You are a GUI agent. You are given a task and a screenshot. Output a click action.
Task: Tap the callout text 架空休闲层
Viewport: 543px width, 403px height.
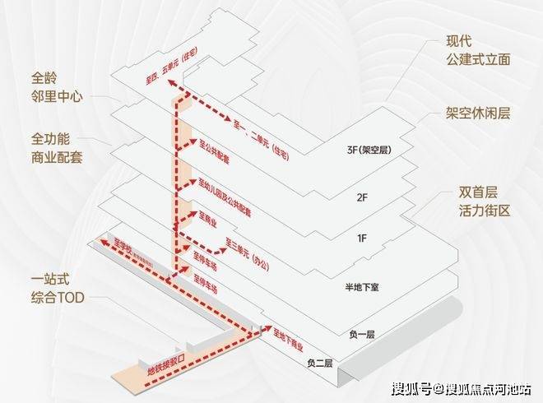pos(478,113)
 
